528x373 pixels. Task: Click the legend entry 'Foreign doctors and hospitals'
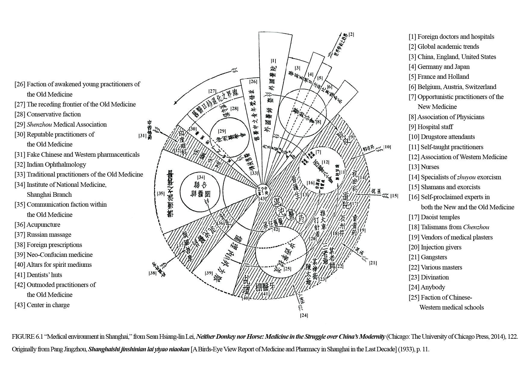point(451,37)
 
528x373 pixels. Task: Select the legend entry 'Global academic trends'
point(444,47)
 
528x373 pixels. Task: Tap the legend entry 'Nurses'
point(424,167)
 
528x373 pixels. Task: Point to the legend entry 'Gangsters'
point(428,257)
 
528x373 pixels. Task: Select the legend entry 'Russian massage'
point(43,235)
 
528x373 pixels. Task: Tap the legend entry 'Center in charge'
point(42,305)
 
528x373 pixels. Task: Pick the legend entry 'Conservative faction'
point(48,114)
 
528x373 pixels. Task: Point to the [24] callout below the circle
point(304,316)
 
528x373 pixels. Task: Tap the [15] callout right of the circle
point(394,196)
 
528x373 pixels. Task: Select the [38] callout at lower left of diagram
point(152,273)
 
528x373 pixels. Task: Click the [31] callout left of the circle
point(142,136)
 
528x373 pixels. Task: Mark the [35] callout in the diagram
point(161,194)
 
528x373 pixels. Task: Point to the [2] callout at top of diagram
point(351,34)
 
